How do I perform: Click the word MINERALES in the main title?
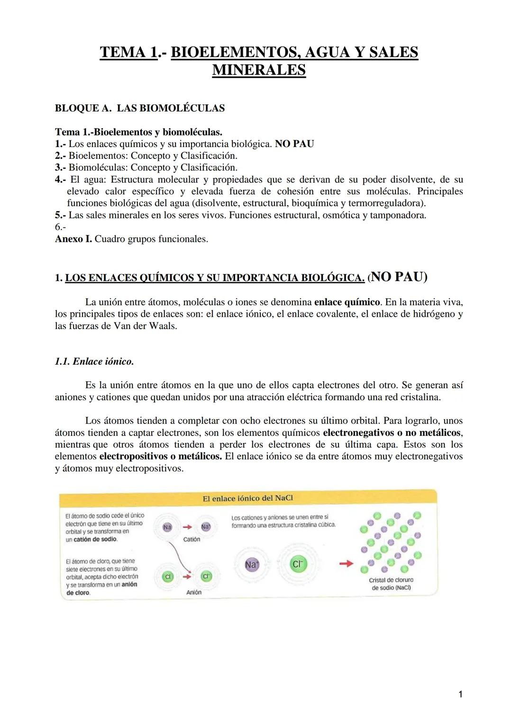259,70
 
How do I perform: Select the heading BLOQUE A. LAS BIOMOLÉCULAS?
140,108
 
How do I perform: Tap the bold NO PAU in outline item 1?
294,144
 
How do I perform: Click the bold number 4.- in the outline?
60,180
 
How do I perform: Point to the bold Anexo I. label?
73,239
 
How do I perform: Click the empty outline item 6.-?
60,227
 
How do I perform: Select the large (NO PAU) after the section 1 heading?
397,277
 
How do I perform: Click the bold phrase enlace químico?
347,302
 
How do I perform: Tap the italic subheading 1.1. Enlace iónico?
94,361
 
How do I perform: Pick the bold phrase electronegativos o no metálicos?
392,432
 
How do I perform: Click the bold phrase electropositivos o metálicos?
160,456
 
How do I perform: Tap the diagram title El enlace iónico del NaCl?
248,498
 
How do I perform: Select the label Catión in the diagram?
192,539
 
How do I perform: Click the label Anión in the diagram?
193,592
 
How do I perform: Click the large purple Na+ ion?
252,564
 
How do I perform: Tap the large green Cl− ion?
297,564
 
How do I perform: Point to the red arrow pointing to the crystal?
347,563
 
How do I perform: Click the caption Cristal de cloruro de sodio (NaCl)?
391,584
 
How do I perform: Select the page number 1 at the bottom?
460,695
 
